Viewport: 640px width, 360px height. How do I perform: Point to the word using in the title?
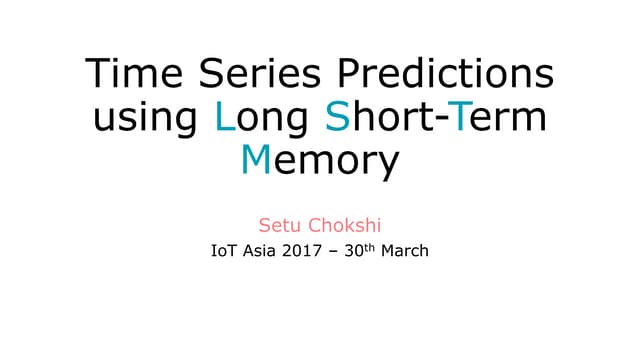tap(149, 119)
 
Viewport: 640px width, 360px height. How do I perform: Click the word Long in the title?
tap(264, 119)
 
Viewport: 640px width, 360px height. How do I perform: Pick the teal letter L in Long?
tap(225, 117)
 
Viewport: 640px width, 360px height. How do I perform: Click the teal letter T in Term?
tap(460, 117)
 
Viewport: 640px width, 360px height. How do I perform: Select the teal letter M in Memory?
tap(258, 159)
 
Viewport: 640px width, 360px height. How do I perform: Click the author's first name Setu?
tap(277, 219)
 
